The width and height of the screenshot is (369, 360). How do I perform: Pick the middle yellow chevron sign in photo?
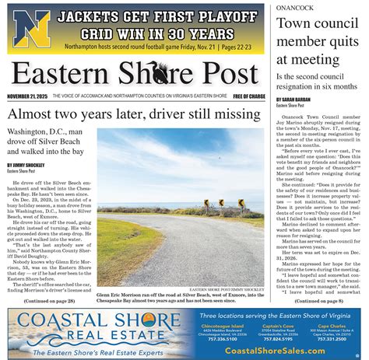(220, 202)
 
